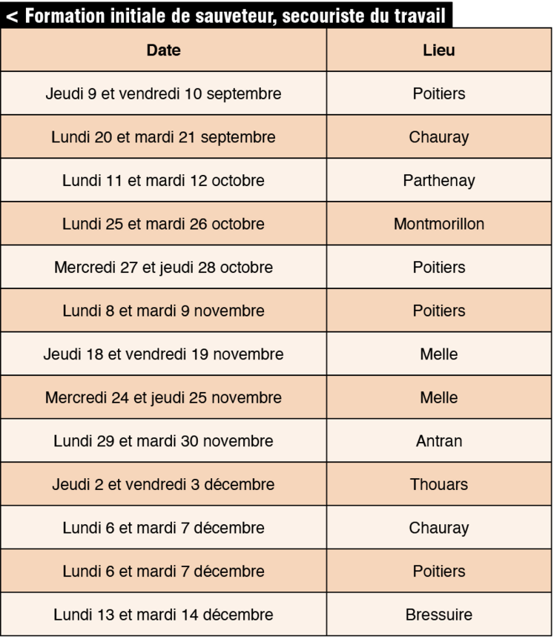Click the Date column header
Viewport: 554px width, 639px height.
pyautogui.click(x=163, y=51)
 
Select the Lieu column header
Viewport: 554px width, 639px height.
pyautogui.click(x=438, y=51)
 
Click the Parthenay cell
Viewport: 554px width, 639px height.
pyautogui.click(x=438, y=181)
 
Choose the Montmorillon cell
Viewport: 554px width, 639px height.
pyautogui.click(x=438, y=224)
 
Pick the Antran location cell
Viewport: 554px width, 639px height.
pyautogui.click(x=438, y=442)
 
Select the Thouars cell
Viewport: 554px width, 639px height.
pyautogui.click(x=438, y=485)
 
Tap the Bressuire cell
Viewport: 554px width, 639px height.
pyautogui.click(x=438, y=615)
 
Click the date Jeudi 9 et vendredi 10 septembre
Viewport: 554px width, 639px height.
pyautogui.click(x=163, y=94)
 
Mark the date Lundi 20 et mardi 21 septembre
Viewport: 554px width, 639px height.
pyautogui.click(x=163, y=137)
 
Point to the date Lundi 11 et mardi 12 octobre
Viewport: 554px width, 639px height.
pyautogui.click(x=163, y=181)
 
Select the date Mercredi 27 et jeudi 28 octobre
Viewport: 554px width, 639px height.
pyautogui.click(x=163, y=268)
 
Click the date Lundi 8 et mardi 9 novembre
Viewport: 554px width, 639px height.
pyautogui.click(x=163, y=311)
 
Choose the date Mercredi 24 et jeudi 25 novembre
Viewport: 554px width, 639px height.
pyautogui.click(x=163, y=398)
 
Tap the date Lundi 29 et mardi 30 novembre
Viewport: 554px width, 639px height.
pyautogui.click(x=163, y=442)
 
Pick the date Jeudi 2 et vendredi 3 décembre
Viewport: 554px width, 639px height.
pyautogui.click(x=163, y=485)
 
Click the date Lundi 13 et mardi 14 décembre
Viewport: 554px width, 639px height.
pyautogui.click(x=163, y=615)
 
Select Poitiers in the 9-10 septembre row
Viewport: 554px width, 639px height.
pyautogui.click(x=438, y=94)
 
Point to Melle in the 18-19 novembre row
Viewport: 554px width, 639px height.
pyautogui.click(x=438, y=354)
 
